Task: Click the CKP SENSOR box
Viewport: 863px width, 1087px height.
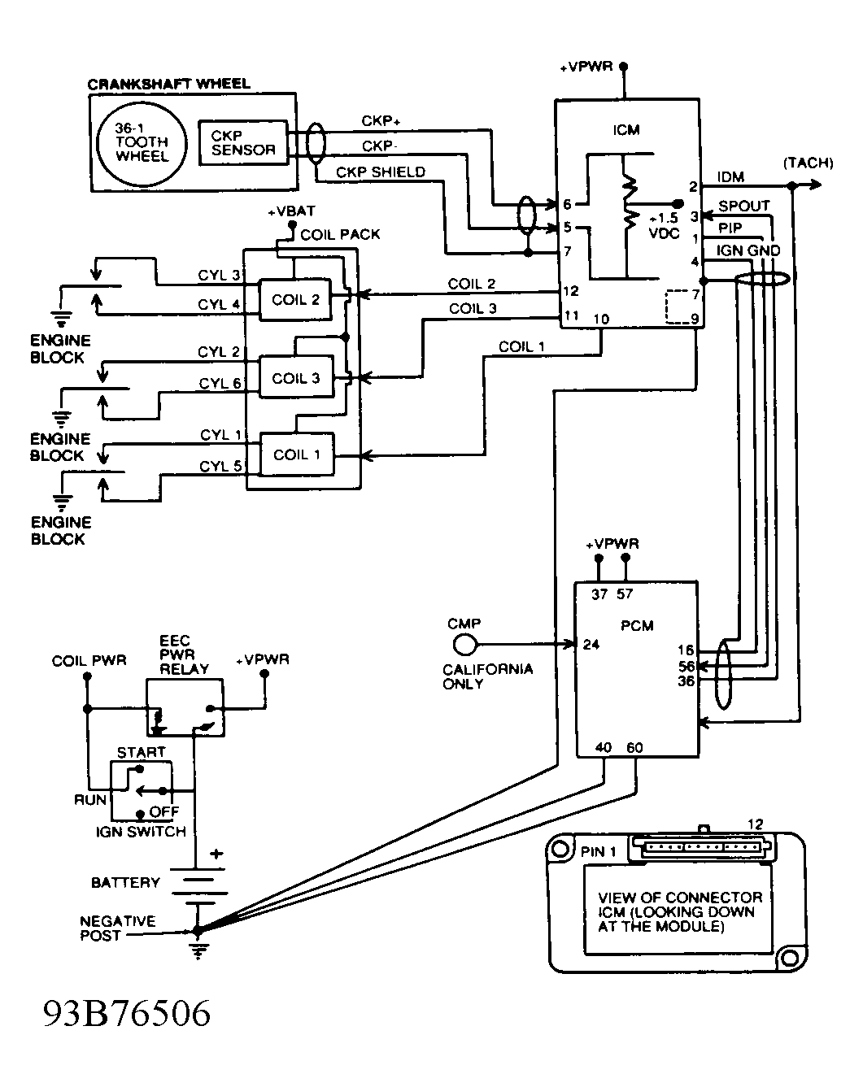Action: [x=243, y=143]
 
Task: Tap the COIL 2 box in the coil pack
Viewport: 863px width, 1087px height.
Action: [x=295, y=300]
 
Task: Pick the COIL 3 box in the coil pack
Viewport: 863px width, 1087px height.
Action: [x=295, y=378]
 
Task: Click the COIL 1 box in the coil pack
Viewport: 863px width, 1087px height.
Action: [x=295, y=454]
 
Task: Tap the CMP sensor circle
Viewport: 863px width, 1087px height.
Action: [x=464, y=645]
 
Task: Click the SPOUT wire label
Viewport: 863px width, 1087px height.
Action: [x=743, y=207]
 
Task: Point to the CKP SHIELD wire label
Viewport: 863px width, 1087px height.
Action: [x=380, y=172]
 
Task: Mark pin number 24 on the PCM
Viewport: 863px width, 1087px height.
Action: [x=591, y=646]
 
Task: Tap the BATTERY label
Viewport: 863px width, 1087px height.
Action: [x=125, y=882]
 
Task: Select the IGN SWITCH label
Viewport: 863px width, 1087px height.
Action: [x=141, y=832]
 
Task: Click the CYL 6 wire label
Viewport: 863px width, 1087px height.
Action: [x=220, y=383]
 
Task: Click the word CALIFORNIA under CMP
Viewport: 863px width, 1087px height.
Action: [x=487, y=669]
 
